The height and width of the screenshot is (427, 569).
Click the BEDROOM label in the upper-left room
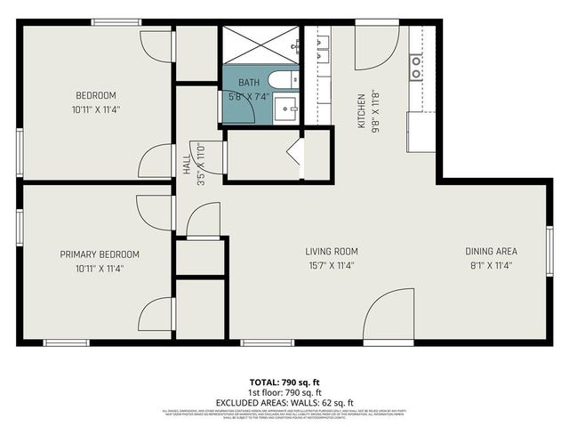95,95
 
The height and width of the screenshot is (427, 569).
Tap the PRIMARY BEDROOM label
100,254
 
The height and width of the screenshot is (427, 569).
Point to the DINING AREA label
492,251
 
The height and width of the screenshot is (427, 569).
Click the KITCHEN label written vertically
362,111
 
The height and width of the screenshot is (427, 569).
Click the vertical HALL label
188,166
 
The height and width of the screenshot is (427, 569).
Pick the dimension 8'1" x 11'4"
492,265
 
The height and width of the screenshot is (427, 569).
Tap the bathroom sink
286,111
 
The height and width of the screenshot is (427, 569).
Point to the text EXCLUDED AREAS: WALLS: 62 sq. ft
283,401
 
